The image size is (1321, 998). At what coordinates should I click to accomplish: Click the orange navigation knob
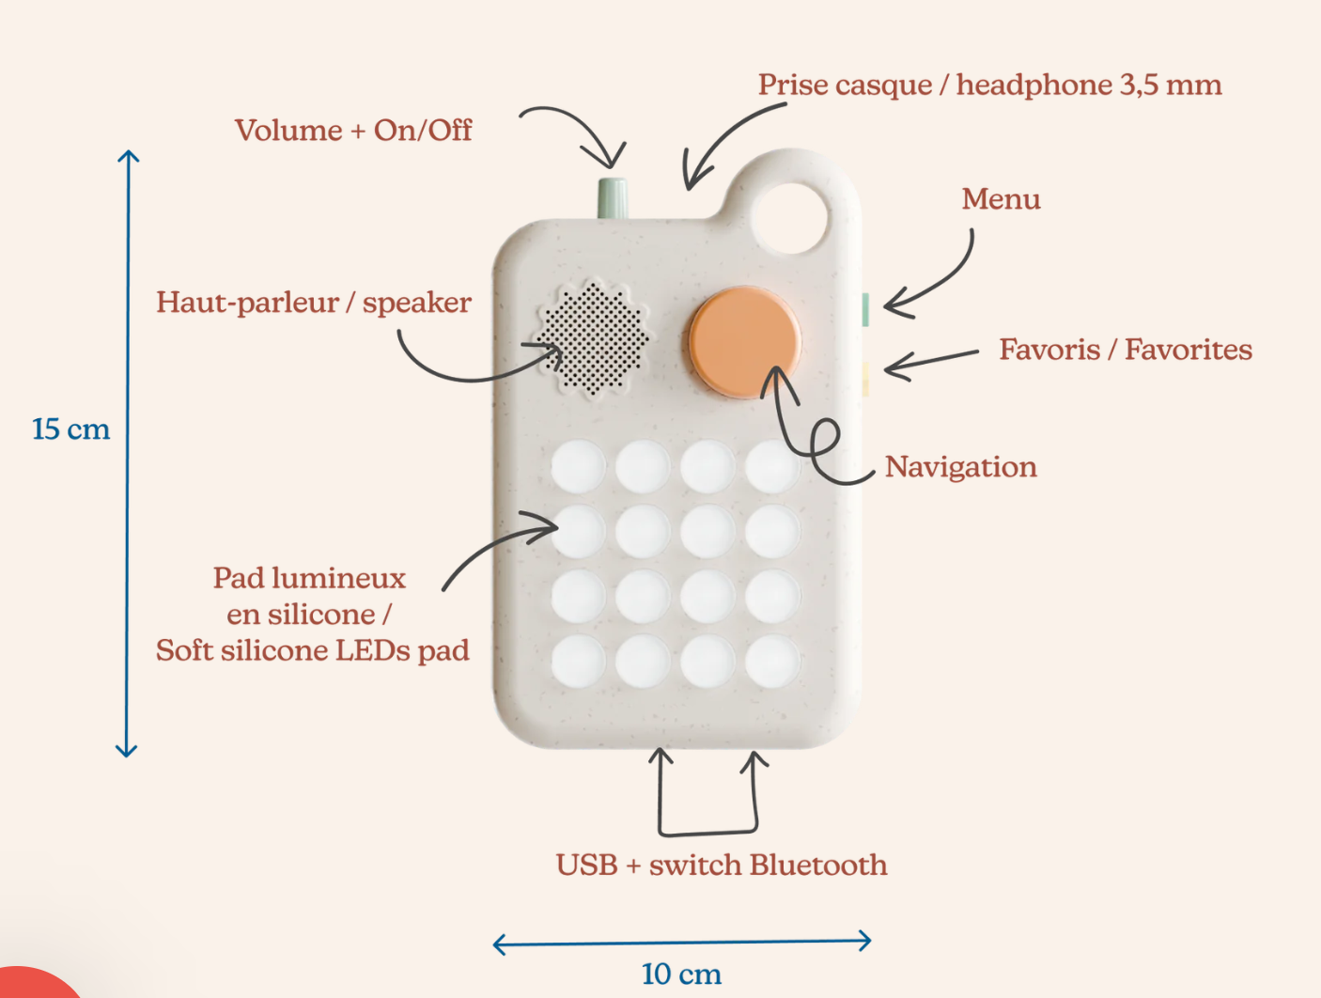pyautogui.click(x=744, y=342)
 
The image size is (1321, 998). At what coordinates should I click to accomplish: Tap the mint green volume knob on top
pyautogui.click(x=613, y=197)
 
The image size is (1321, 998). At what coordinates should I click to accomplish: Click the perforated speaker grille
pyautogui.click(x=592, y=338)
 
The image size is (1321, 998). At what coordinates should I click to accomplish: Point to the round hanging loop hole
pyautogui.click(x=790, y=217)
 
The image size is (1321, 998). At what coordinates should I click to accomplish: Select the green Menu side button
pyautogui.click(x=864, y=309)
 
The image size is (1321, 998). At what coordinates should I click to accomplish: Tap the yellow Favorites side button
pyautogui.click(x=864, y=378)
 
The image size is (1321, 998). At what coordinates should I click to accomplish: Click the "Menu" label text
pyautogui.click(x=1001, y=199)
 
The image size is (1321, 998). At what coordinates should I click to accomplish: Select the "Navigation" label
pyautogui.click(x=960, y=467)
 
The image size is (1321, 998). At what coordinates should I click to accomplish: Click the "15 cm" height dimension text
pyautogui.click(x=70, y=429)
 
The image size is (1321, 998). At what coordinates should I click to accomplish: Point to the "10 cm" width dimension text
pyautogui.click(x=681, y=975)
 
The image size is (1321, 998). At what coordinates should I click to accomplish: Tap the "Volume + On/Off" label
pyautogui.click(x=353, y=130)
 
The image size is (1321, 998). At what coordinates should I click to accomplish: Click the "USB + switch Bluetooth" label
pyautogui.click(x=721, y=865)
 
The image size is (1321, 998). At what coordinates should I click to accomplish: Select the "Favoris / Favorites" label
pyautogui.click(x=1125, y=350)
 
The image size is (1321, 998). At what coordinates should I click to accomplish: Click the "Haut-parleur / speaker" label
pyautogui.click(x=314, y=303)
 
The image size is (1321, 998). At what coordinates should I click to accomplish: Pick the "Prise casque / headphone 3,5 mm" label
pyautogui.click(x=989, y=86)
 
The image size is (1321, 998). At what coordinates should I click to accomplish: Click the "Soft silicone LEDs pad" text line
pyautogui.click(x=312, y=650)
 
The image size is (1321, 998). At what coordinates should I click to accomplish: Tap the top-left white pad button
pyautogui.click(x=578, y=466)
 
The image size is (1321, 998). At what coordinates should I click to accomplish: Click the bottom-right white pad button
pyautogui.click(x=772, y=661)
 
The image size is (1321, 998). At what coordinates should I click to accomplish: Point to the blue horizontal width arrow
pyautogui.click(x=682, y=942)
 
